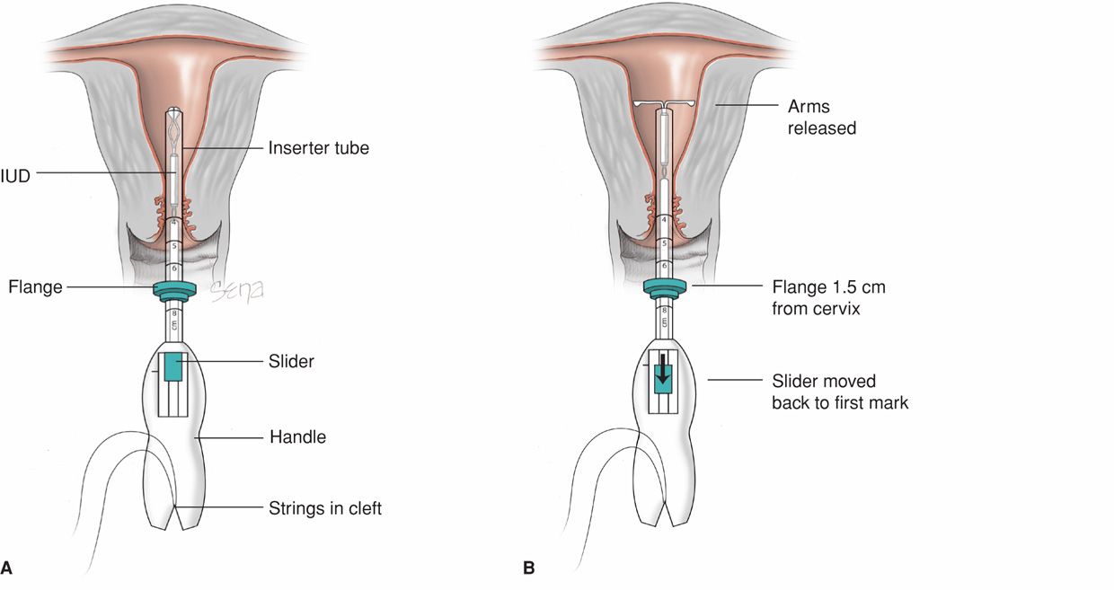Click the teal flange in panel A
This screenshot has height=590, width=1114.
[174, 289]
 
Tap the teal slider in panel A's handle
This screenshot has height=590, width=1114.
[173, 366]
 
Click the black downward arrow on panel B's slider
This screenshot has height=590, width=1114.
[663, 370]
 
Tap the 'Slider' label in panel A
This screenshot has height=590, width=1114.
[291, 361]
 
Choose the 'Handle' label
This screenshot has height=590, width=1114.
[297, 438]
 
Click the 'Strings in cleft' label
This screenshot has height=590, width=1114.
[324, 509]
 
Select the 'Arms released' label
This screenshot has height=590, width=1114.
[821, 118]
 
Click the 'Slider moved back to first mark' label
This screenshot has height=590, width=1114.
[840, 392]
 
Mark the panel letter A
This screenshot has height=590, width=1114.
[7, 568]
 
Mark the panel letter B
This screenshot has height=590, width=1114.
[528, 568]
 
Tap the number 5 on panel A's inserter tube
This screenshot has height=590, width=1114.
[174, 244]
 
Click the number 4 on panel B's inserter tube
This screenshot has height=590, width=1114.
[663, 220]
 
